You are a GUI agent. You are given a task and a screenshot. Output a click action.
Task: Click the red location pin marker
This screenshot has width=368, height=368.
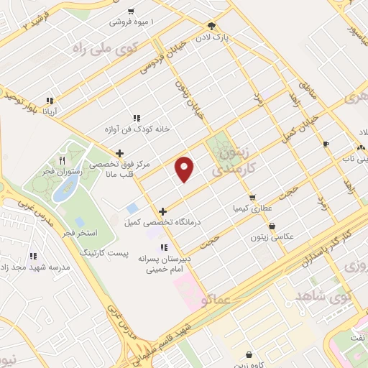pos(185,169)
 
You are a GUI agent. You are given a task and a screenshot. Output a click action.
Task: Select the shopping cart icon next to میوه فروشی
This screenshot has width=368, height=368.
pos(130,11)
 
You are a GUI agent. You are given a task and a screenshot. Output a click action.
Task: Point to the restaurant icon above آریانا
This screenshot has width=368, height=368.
pos(49,101)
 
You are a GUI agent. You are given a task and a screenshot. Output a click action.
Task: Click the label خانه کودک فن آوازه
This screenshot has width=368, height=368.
pos(137,129)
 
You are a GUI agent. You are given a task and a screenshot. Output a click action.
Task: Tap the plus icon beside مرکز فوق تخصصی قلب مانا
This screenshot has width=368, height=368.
pos(120,153)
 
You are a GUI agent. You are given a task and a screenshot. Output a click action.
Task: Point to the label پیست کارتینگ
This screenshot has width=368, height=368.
pos(101,254)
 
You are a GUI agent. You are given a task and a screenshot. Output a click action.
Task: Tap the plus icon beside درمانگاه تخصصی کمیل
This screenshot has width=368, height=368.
pos(163,211)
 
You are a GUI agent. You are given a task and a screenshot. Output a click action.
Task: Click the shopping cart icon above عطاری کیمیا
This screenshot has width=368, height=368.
pos(252,197)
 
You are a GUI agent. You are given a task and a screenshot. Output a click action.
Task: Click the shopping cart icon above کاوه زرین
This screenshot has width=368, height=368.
pos(249,354)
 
